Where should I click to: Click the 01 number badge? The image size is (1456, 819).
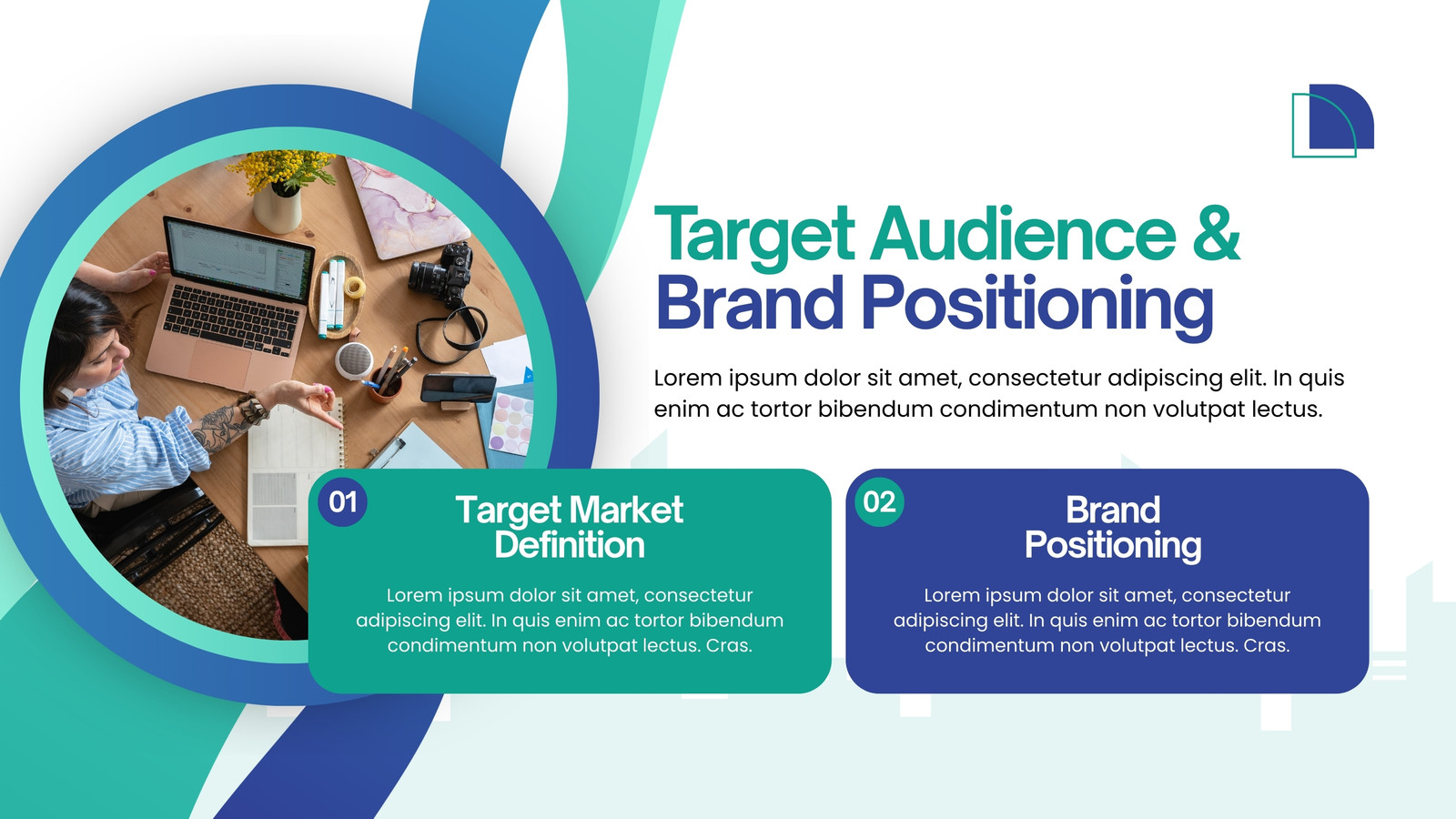coord(342,501)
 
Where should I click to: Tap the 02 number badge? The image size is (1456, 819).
coord(879,501)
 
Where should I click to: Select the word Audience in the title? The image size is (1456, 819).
coord(1023,233)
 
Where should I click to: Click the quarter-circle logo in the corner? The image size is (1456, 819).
coord(1332,121)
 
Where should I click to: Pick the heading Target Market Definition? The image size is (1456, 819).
coord(570,527)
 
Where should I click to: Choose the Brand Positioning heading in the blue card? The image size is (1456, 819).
coord(1113,527)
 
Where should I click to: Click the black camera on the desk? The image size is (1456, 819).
coord(442,274)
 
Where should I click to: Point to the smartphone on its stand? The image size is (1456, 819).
coord(458,389)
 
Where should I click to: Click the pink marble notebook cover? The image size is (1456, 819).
coord(406,208)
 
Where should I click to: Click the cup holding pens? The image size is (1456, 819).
coord(386,388)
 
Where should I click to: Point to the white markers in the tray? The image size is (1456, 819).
coord(331,297)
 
